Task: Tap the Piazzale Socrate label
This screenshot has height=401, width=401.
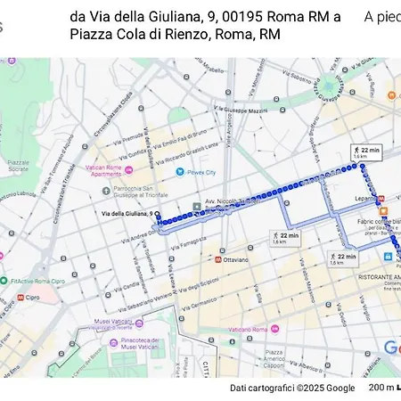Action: click(19, 166)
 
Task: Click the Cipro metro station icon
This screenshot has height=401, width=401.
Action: click(20, 297)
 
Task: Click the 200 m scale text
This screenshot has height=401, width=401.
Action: click(381, 388)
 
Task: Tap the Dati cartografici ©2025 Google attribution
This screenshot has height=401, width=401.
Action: click(291, 388)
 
